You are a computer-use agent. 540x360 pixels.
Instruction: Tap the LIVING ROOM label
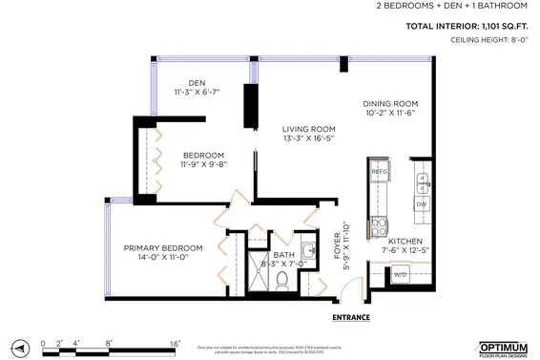308,130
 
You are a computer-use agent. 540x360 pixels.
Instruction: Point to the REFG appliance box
377,173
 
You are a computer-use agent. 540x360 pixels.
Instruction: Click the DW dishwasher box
421,203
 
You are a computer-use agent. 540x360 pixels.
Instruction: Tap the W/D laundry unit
401,274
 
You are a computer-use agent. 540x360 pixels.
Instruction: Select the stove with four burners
378,227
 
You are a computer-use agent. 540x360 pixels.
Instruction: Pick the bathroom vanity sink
307,252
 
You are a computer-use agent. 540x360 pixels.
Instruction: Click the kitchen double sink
422,179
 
